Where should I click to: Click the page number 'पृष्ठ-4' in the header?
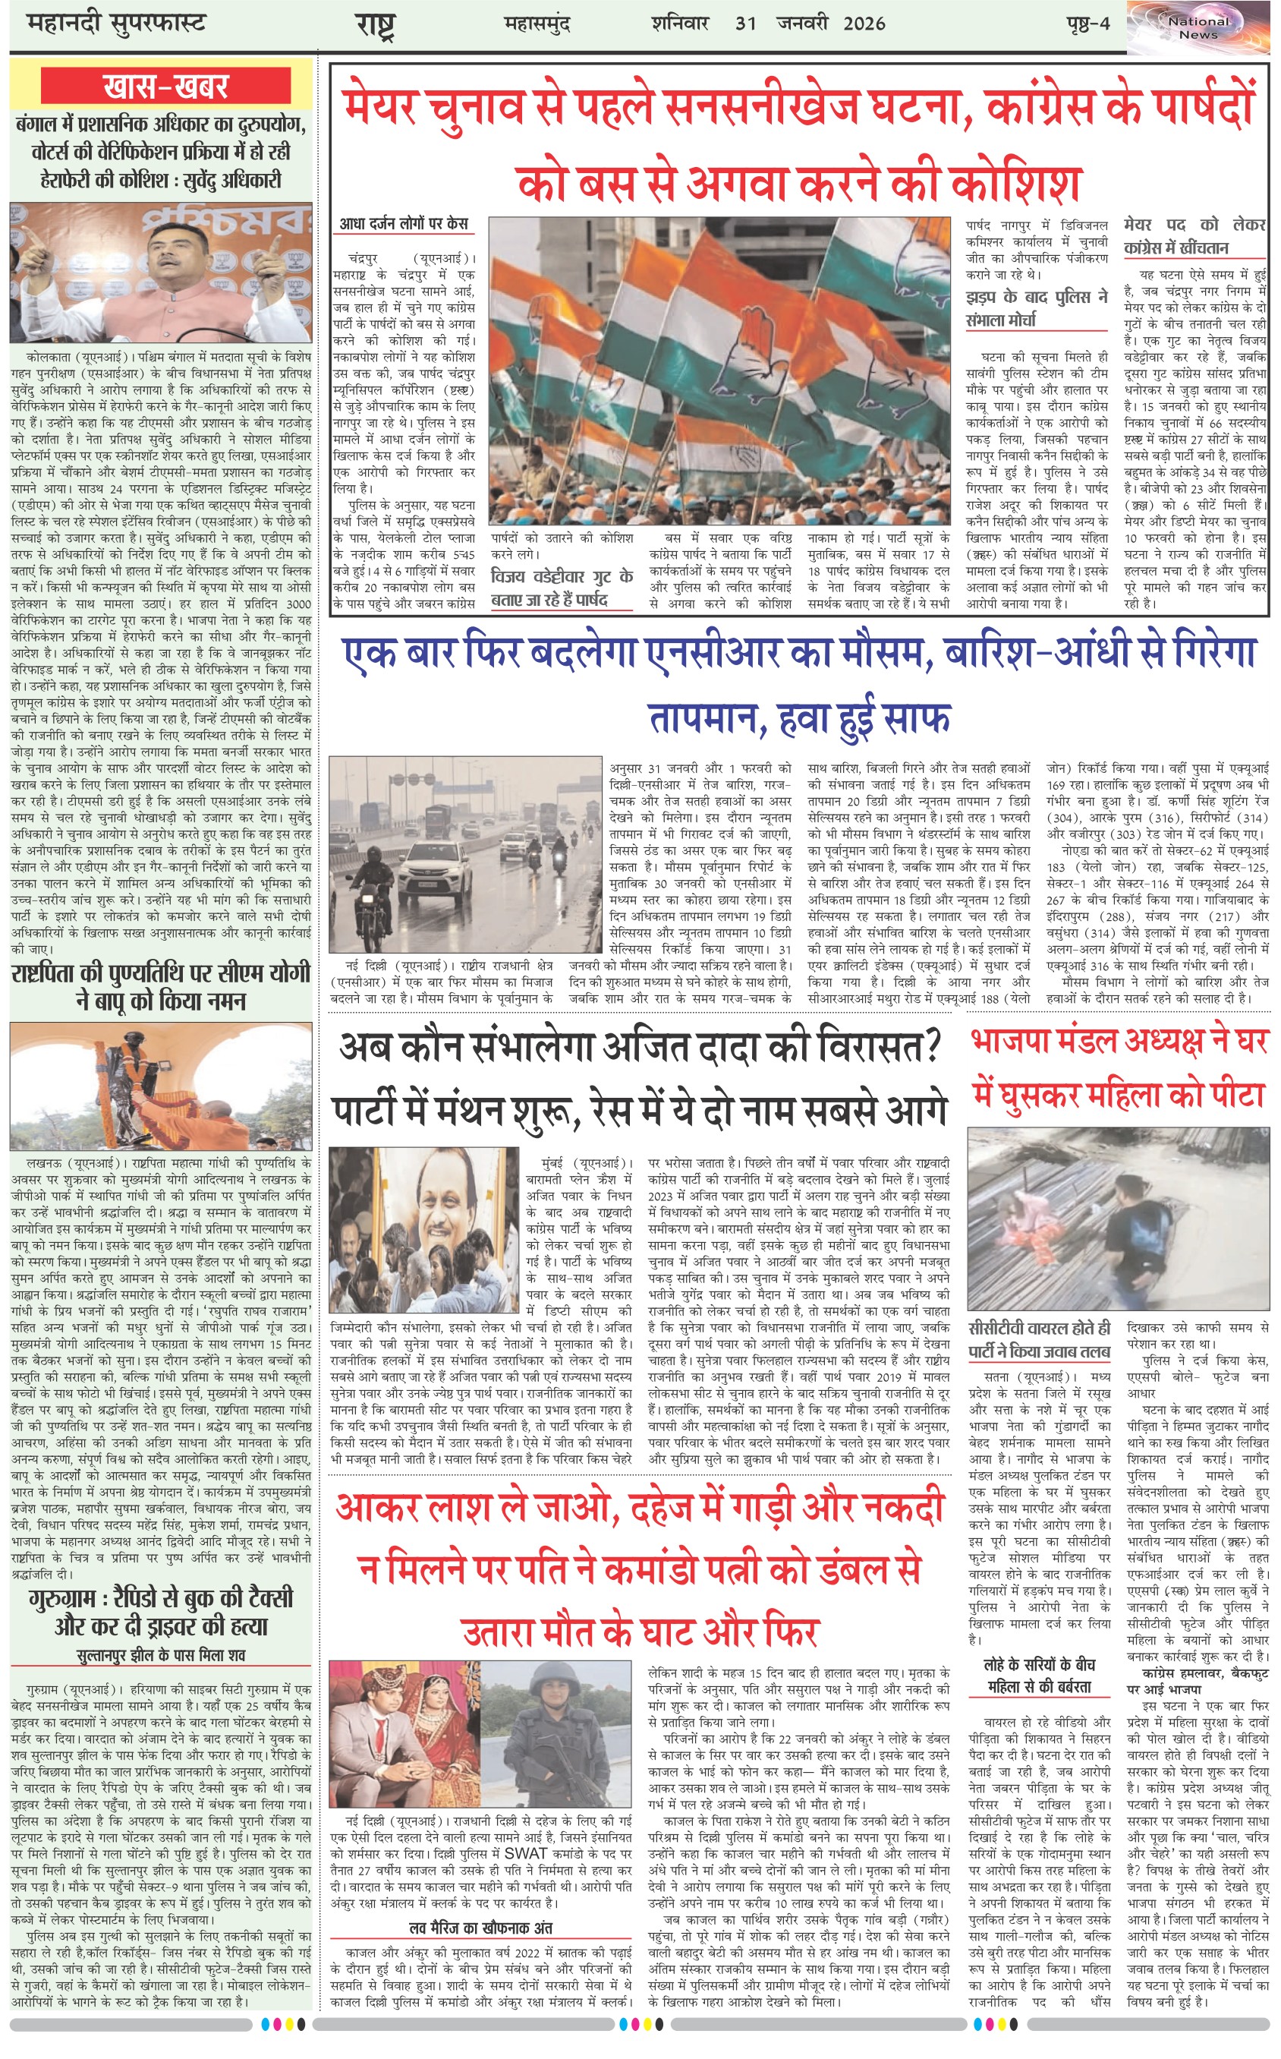tap(1087, 24)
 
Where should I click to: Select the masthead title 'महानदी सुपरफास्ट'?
tap(117, 24)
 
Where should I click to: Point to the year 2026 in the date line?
tap(864, 24)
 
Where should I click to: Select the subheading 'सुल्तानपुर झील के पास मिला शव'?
tap(161, 1655)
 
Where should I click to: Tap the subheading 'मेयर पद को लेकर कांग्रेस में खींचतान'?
tap(1194, 236)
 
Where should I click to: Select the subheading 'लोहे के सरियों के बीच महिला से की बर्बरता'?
tap(1040, 1676)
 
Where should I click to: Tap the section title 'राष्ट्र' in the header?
tap(376, 25)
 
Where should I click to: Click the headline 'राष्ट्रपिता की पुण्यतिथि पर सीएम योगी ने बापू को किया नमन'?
tap(161, 986)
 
